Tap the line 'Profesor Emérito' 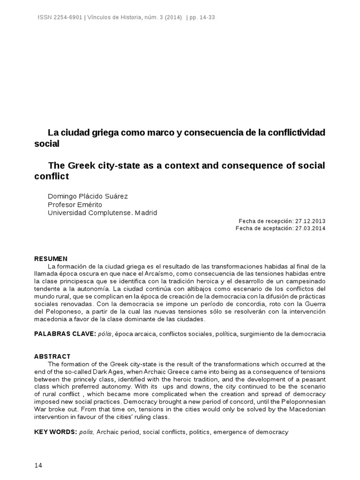pyautogui.click(x=75, y=204)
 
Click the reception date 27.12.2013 pyautogui.click(x=310, y=221)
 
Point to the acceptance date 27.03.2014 pyautogui.click(x=310, y=228)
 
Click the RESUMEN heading pyautogui.click(x=51, y=259)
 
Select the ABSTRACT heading pyautogui.click(x=52, y=357)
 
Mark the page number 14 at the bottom pyautogui.click(x=38, y=465)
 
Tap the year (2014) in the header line pyautogui.click(x=173, y=18)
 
